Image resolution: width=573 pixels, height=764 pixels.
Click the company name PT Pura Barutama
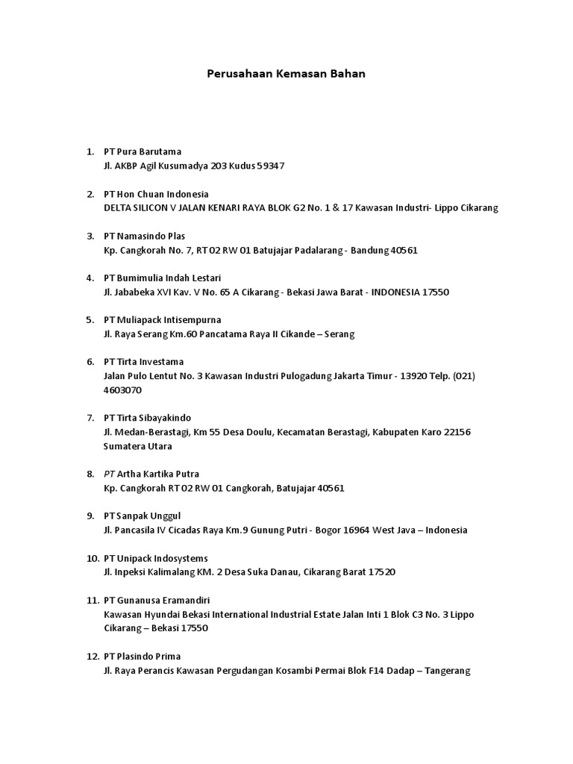point(143,151)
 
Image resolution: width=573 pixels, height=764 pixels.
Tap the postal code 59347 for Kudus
point(271,166)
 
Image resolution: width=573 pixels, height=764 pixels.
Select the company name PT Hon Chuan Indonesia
point(156,194)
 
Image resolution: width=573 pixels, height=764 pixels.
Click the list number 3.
point(90,236)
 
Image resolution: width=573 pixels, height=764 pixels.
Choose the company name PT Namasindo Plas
point(145,236)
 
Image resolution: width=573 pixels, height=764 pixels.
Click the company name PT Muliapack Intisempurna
point(163,320)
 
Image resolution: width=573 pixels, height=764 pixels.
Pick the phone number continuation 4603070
point(122,390)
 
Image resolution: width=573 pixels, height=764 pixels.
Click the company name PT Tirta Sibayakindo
point(151,418)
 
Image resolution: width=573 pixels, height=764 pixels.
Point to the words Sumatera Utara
point(137,446)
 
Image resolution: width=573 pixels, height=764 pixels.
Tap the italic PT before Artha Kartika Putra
point(109,475)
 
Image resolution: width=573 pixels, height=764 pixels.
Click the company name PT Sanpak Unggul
point(142,516)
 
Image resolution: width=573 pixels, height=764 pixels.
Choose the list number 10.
point(93,559)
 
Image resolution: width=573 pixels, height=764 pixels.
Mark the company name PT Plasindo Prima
point(143,657)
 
